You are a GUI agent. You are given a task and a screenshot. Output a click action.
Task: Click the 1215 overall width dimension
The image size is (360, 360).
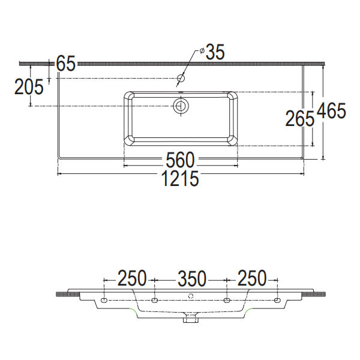179,178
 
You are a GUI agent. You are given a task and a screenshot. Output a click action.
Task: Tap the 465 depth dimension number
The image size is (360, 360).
332,112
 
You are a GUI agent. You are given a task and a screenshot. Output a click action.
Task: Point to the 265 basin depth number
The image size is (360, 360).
299,119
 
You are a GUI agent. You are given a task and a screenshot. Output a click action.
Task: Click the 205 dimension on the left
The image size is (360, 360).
29,88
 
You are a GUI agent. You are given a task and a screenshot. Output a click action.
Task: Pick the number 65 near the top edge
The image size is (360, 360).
65,63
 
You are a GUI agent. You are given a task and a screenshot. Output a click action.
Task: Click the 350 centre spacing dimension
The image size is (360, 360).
191,278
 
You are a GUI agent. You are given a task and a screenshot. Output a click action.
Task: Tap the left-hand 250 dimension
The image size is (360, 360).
131,278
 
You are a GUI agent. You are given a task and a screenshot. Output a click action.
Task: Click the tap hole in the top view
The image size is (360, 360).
181,78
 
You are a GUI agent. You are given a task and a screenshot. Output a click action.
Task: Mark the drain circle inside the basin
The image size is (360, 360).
181,106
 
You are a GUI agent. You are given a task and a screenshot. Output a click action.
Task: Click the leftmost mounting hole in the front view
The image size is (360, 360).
104,299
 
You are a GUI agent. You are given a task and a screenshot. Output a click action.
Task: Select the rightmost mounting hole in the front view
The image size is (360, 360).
278,299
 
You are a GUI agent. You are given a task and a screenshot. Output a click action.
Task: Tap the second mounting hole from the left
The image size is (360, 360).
154,299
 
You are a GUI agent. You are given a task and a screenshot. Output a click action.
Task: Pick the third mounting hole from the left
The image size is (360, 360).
227,299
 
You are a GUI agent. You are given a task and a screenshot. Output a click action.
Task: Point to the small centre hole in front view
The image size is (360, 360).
191,295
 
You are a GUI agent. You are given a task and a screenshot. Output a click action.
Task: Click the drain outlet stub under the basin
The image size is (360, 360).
191,319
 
